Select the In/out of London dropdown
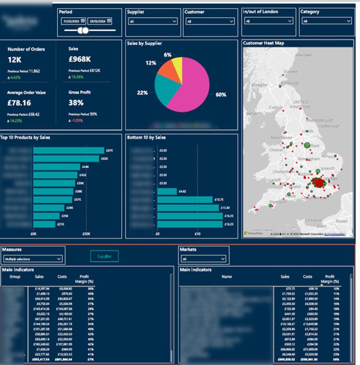click(269, 21)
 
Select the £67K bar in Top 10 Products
click(69, 151)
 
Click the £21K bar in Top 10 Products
click(44, 224)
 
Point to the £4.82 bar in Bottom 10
click(167, 191)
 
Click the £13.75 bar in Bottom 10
click(185, 200)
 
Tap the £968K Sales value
click(79, 59)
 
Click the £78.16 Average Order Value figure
click(19, 103)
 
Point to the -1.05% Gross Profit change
click(79, 120)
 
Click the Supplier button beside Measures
click(104, 256)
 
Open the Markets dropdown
click(203, 259)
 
